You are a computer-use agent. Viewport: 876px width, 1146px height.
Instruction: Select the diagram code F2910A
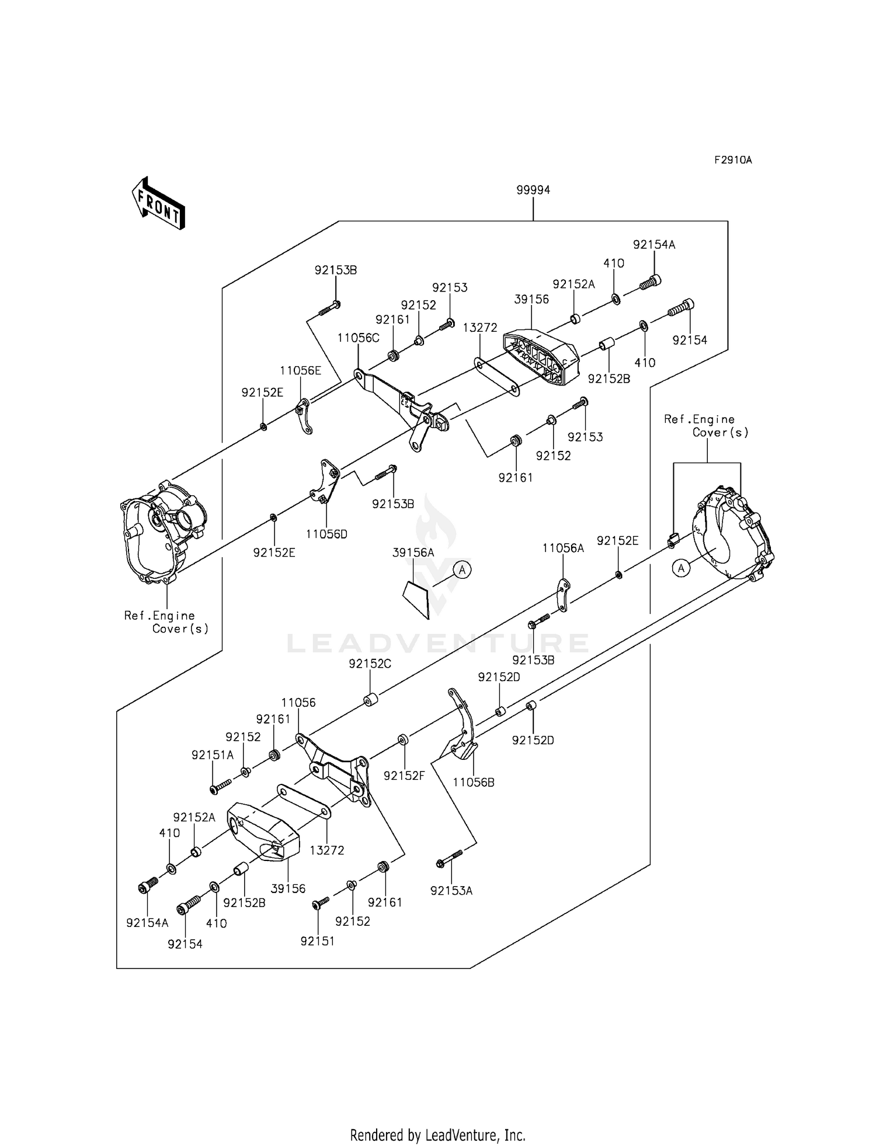(732, 160)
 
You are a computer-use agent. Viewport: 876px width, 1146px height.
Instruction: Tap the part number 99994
(533, 190)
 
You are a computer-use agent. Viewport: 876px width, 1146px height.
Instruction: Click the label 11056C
(359, 338)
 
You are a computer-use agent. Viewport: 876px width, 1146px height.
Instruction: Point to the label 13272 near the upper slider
(480, 328)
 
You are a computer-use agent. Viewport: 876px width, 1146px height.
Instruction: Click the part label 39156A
(413, 553)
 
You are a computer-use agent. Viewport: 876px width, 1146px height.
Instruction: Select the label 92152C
(370, 664)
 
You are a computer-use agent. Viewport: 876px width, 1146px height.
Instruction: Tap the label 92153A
(451, 891)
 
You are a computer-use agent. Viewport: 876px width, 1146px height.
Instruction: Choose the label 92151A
(213, 755)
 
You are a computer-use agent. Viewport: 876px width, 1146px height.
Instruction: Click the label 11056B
(474, 782)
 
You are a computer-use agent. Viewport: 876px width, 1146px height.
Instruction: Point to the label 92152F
(405, 775)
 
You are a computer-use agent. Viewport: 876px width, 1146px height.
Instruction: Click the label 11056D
(326, 533)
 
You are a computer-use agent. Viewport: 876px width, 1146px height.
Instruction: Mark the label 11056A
(563, 548)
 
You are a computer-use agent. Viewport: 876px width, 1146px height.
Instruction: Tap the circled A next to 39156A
(462, 569)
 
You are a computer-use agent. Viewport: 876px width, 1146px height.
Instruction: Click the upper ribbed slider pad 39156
(541, 357)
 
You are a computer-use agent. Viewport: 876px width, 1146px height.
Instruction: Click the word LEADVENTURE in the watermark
(438, 643)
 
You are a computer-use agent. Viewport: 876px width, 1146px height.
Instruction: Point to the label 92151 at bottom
(318, 941)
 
